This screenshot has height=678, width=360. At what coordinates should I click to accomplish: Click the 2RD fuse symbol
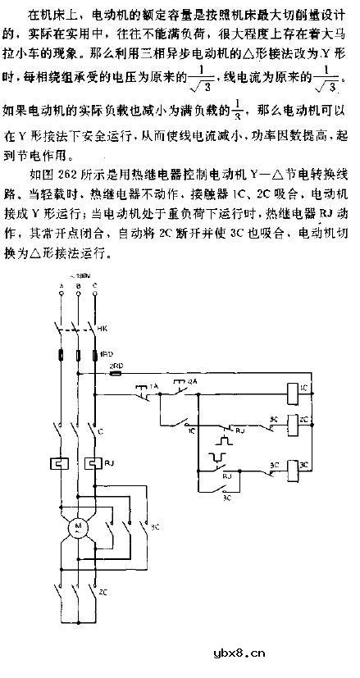pos(116,373)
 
